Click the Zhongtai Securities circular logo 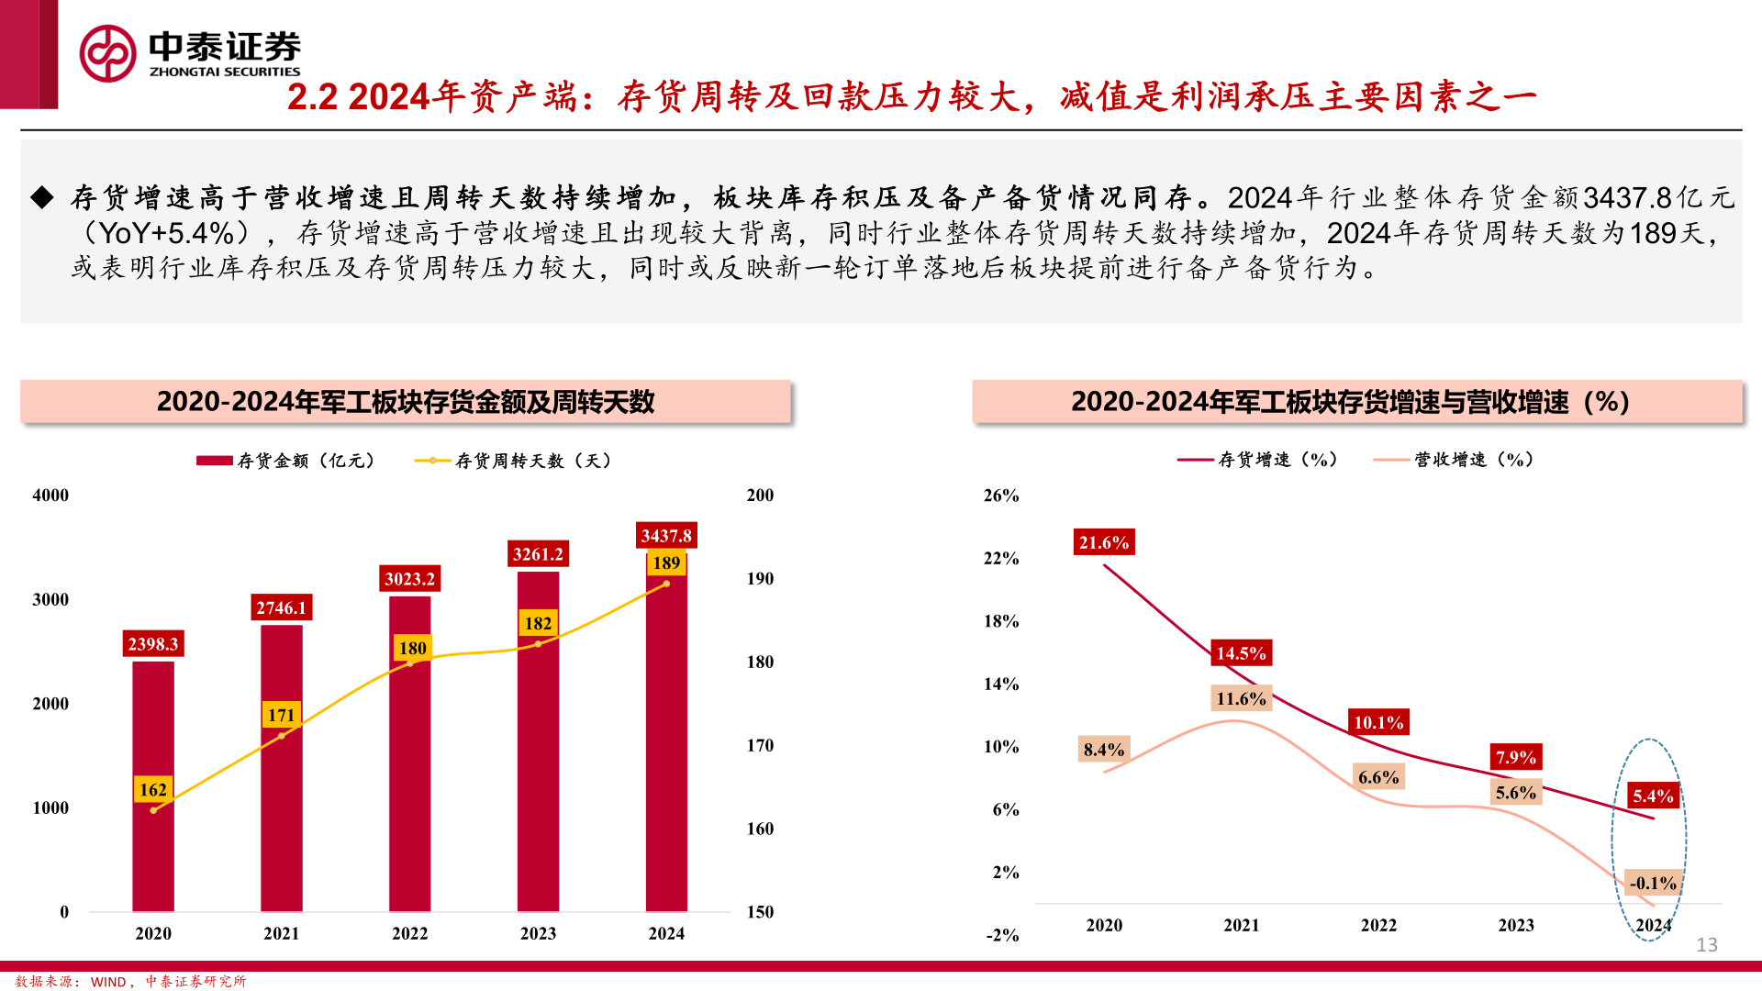(108, 53)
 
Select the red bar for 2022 (409, 780)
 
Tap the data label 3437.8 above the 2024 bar (666, 536)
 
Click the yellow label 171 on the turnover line (282, 715)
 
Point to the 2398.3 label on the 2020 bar (153, 644)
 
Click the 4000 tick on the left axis (50, 495)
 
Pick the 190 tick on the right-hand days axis (760, 579)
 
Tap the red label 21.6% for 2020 (1104, 542)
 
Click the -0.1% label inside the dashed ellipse (1653, 883)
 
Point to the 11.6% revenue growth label (1241, 698)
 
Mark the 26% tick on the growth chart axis (1001, 495)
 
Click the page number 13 (1707, 944)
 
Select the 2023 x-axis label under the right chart (1516, 925)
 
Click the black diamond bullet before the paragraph (42, 197)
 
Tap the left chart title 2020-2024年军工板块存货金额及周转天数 (406, 402)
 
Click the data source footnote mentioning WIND (130, 982)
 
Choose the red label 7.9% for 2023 (1516, 757)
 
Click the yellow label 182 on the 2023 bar (538, 623)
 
